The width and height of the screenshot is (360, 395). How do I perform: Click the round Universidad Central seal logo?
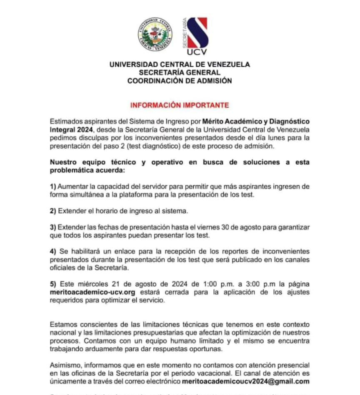click(155, 35)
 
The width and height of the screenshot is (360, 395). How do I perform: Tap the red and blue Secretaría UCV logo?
click(197, 36)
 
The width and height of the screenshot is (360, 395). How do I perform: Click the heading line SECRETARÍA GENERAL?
click(180, 73)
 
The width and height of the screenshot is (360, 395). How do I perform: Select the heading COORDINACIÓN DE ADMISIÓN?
click(180, 81)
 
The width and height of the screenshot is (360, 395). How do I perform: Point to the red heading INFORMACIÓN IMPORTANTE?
click(180, 105)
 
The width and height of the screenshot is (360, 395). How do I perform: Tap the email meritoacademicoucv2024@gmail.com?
click(246, 381)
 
